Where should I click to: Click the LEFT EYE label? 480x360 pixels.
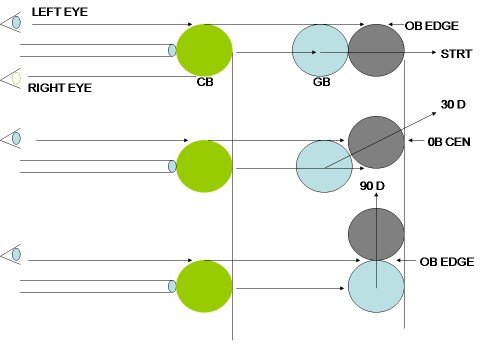tap(60, 12)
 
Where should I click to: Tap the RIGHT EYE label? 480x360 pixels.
tap(60, 88)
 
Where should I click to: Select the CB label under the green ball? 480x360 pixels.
tap(205, 82)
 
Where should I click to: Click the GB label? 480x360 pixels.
tap(322, 82)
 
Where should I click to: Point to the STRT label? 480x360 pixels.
tap(456, 54)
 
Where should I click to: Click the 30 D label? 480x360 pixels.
tap(453, 105)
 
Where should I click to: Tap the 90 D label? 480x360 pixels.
tap(372, 186)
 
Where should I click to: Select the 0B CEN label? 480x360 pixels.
tap(449, 142)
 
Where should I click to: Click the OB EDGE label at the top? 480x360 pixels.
tap(432, 26)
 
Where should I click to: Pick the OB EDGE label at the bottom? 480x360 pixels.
tap(447, 262)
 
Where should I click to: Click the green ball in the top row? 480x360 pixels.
tap(204, 50)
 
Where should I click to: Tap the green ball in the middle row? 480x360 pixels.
tap(204, 166)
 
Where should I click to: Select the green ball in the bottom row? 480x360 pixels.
tap(204, 286)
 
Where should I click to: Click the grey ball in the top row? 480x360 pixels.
tap(376, 50)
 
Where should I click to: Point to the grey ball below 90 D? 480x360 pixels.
tap(376, 234)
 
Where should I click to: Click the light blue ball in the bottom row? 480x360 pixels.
tap(376, 286)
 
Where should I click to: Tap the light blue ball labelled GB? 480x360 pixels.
tap(320, 50)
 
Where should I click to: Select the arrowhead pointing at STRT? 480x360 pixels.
tap(434, 52)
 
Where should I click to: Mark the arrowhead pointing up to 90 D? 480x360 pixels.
tap(376, 195)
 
